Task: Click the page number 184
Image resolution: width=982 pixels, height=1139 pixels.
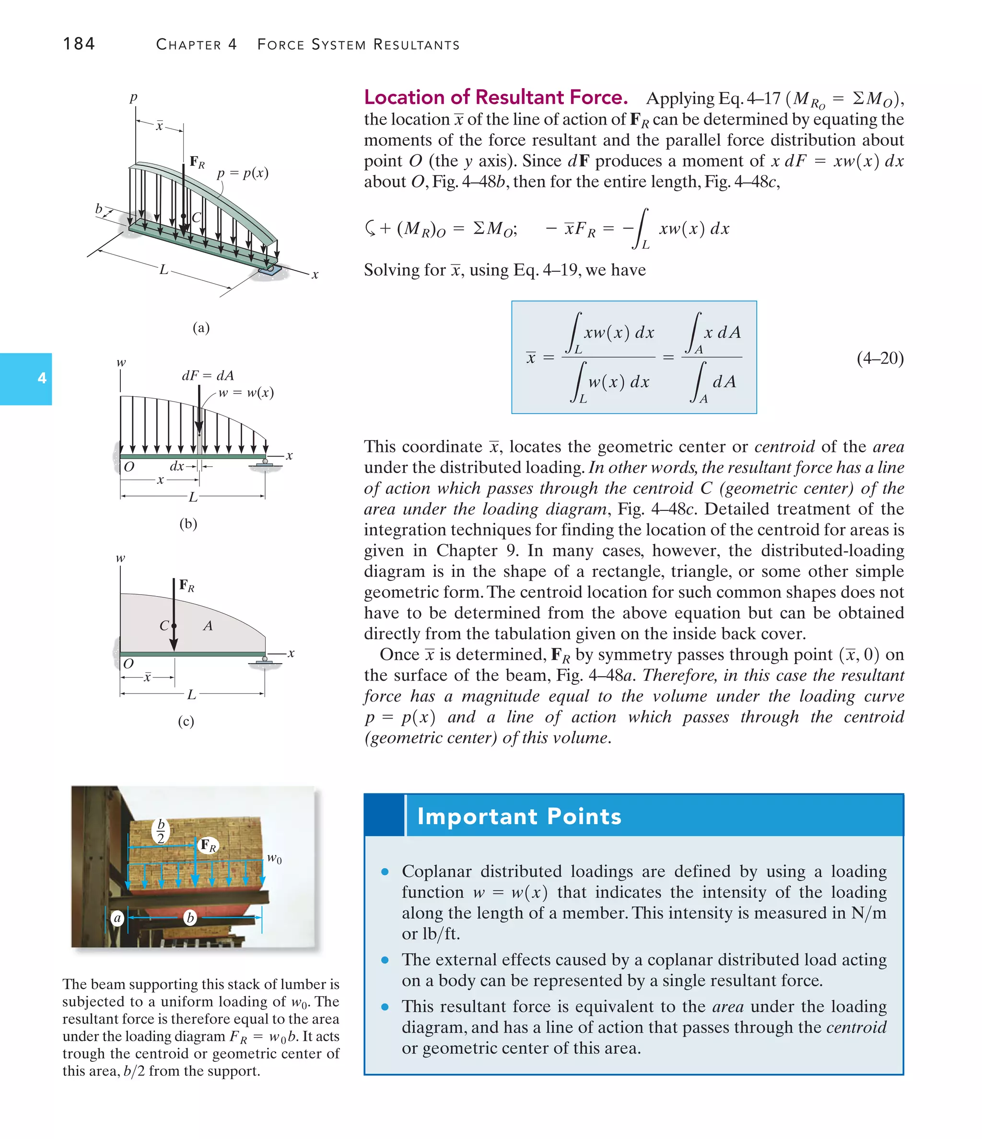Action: pos(79,44)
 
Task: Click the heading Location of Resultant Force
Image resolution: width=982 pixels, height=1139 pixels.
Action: pos(495,97)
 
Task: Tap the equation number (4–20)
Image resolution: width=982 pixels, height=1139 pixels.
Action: pos(880,358)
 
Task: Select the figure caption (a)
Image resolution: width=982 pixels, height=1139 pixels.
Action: pos(201,328)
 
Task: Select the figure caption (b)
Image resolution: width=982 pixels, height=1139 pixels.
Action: pos(188,523)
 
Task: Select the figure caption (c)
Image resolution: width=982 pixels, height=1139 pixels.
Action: pos(186,721)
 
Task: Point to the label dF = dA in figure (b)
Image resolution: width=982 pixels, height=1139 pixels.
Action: pos(208,376)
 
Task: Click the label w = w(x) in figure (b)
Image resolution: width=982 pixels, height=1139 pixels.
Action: pos(246,392)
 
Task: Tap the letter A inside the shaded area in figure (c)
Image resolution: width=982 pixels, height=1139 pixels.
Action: pos(208,626)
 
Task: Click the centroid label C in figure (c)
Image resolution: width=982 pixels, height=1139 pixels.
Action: pos(164,626)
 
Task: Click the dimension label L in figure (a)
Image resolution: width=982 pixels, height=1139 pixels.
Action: pos(164,270)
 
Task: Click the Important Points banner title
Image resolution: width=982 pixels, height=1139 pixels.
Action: pos(519,817)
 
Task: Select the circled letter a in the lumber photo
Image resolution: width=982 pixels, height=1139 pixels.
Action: pos(117,918)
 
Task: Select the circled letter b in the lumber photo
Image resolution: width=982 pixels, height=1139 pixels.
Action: pos(190,918)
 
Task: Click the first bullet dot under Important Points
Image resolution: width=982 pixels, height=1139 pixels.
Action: pos(385,872)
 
